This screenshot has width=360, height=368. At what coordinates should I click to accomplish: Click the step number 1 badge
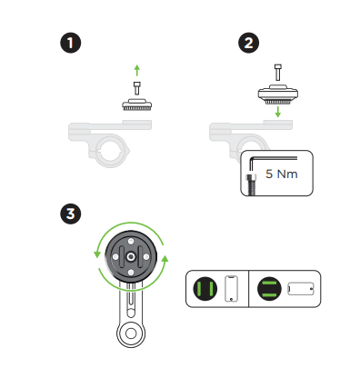71,43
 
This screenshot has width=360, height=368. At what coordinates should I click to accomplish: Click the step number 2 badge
248,43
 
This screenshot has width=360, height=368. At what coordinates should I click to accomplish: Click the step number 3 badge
71,214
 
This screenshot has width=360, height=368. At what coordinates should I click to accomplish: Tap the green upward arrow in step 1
137,70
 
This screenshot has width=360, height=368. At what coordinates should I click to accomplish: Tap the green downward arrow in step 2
278,112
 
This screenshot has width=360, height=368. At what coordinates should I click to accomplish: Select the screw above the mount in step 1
137,88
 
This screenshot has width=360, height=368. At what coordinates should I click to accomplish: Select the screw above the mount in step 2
278,72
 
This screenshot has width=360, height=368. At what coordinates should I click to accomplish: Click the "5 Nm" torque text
282,174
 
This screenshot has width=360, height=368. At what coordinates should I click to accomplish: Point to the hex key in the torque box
273,157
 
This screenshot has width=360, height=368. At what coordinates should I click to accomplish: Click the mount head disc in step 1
137,104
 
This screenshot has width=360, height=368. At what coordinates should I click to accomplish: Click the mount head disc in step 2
278,94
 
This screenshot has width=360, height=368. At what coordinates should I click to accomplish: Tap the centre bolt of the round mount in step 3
131,257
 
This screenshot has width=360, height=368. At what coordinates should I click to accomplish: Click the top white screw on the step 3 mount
131,242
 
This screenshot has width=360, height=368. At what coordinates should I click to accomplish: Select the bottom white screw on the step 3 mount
131,273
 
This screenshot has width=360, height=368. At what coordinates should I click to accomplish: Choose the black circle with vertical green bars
205,289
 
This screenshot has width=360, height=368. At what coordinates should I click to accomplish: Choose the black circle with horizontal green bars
269,289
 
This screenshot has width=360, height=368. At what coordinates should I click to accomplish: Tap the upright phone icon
231,289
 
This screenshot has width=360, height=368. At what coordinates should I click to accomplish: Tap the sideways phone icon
301,289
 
